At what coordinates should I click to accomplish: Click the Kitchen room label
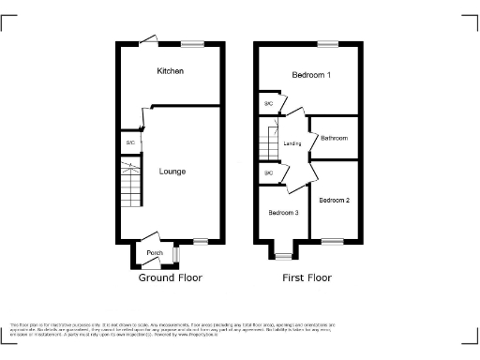coord(171,71)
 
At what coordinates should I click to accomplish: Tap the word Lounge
coord(172,172)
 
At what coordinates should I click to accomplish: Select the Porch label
coord(155,253)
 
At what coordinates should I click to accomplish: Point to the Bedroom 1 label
coord(309,75)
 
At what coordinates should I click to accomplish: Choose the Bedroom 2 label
coord(334,201)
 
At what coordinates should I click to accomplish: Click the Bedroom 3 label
coord(283,213)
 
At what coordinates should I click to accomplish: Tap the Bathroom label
coord(334,138)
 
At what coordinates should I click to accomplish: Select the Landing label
coord(292,142)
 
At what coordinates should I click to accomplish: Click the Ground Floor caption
coord(171,277)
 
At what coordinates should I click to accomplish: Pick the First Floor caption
coord(307,277)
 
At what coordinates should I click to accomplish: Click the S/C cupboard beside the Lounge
coord(130,142)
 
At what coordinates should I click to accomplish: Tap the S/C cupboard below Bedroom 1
coord(268,104)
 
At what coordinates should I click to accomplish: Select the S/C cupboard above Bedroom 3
coord(268,173)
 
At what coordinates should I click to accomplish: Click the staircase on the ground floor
coord(128,183)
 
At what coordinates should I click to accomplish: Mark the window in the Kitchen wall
coord(193,43)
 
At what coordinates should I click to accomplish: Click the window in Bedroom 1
coord(328,43)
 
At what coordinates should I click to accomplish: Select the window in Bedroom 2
coord(333,242)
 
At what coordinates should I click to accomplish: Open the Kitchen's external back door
coord(148,39)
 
